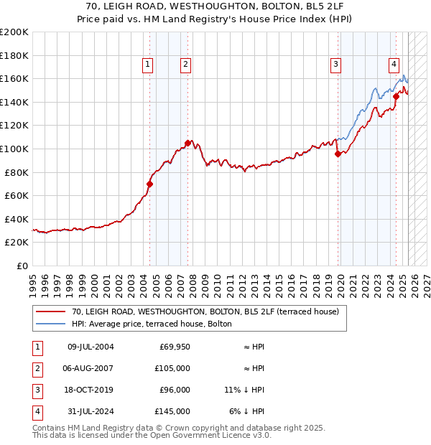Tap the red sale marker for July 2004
coord(150,184)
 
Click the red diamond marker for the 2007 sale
coord(187,143)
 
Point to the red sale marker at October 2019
coord(338,153)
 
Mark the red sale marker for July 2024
coord(396,95)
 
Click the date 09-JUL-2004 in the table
coord(91,347)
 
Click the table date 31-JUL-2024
coord(91,411)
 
